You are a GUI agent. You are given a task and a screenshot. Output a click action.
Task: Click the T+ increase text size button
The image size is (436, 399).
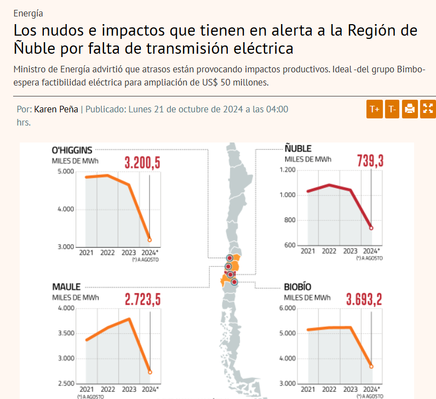(x=375, y=109)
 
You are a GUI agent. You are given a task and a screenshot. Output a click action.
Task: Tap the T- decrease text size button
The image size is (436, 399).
(x=392, y=109)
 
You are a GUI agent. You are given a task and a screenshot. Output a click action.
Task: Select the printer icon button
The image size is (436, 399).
(x=410, y=109)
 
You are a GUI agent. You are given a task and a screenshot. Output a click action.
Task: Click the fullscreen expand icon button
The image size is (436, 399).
(x=427, y=109)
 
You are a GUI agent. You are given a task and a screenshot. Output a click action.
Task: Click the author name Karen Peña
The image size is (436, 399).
(x=56, y=109)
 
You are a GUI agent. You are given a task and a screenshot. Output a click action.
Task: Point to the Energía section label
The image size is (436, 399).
(x=28, y=13)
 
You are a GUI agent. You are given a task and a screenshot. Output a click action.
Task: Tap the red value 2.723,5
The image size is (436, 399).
(x=142, y=300)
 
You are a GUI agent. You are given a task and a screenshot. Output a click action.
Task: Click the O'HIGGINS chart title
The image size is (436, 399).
(x=72, y=150)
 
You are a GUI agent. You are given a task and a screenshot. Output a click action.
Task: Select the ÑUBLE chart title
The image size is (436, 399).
(x=298, y=149)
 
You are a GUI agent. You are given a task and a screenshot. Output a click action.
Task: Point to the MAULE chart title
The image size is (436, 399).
(x=66, y=287)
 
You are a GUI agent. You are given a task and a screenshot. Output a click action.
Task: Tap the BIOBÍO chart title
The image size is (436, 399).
(x=297, y=287)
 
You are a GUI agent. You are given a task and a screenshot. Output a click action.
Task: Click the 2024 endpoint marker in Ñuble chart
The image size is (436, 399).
(x=371, y=228)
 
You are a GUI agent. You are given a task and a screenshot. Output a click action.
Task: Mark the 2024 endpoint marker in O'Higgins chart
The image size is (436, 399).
(x=150, y=240)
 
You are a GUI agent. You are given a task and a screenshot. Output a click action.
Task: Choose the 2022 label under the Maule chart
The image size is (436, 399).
(x=108, y=390)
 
